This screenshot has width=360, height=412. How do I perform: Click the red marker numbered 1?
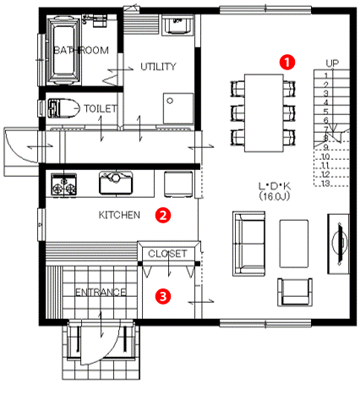tap(287, 62)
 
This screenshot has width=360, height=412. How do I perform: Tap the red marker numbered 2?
tap(163, 215)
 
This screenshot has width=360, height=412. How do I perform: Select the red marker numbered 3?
tap(163, 296)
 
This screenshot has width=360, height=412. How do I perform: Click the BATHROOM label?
tap(81, 50)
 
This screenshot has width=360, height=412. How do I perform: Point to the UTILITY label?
tap(158, 67)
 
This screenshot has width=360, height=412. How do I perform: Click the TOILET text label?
tap(101, 108)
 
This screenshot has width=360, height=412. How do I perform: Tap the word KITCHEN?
tap(119, 215)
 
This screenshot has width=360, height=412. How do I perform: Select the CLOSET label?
tap(167, 254)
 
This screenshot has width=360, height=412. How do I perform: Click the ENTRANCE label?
tap(101, 292)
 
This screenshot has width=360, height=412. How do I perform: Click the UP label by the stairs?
tap(332, 63)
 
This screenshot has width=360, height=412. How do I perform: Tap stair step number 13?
tap(325, 184)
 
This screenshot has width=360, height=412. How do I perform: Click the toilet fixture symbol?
tap(63, 108)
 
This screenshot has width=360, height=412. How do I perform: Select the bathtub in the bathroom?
tap(63, 51)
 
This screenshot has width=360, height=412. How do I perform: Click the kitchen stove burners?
tap(63, 185)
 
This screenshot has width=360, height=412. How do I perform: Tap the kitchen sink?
tap(116, 183)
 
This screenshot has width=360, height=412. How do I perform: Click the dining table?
tap(264, 113)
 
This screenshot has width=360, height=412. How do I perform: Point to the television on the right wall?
tap(339, 244)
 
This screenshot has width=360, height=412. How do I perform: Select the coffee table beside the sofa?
tap(294, 244)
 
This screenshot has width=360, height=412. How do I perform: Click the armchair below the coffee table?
tap(295, 292)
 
